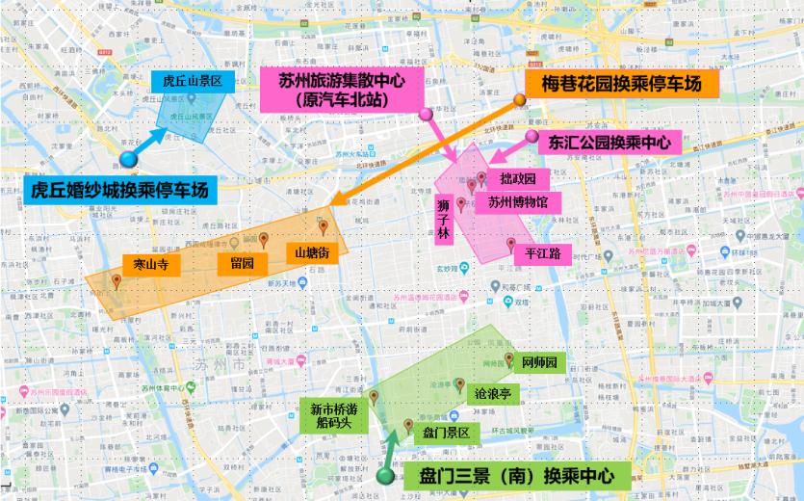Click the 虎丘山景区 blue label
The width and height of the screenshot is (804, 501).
(193, 81)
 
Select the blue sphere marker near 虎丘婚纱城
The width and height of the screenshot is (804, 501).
(127, 160)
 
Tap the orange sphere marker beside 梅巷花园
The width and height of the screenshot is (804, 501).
(520, 99)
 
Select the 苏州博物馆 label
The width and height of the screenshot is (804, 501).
(517, 202)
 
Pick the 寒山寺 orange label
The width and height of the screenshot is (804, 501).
(150, 263)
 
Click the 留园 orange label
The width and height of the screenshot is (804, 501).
(242, 261)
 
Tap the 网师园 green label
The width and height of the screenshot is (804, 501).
(540, 363)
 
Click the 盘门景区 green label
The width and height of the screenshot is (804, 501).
(446, 434)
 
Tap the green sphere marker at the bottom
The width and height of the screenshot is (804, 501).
(385, 476)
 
